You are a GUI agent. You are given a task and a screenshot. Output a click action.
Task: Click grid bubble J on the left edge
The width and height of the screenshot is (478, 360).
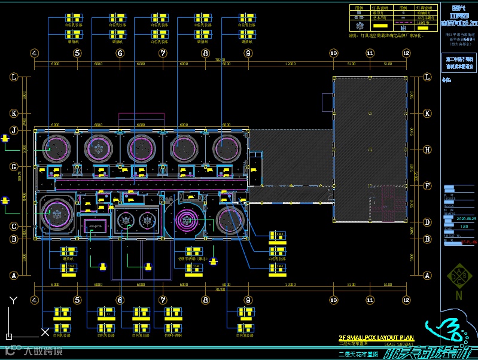14,130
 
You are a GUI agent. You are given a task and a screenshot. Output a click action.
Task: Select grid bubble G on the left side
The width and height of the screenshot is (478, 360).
14,167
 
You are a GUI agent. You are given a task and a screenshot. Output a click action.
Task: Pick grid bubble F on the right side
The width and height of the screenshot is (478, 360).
427,185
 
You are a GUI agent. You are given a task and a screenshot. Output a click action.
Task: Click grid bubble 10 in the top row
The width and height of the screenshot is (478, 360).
333,53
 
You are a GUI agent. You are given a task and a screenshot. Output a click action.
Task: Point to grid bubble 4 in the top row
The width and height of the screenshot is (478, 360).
35,53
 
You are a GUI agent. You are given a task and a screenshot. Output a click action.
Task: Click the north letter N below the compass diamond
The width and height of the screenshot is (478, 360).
458,295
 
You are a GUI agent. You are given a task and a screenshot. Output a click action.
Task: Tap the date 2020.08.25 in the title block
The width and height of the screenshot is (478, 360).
464,219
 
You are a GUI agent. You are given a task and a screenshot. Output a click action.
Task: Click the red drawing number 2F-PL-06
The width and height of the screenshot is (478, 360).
468,242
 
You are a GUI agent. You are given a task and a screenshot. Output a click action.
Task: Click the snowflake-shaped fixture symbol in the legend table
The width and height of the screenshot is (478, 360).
360,27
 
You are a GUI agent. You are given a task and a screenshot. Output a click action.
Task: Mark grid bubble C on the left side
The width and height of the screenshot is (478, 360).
14,227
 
